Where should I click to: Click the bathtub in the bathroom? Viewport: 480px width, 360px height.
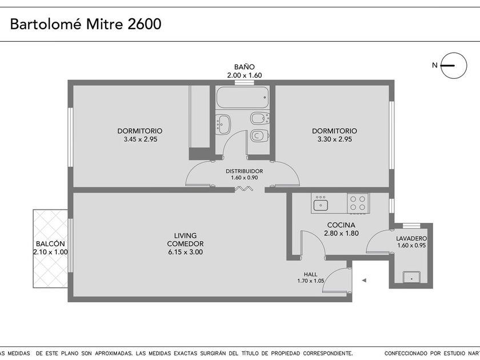pos(243,97)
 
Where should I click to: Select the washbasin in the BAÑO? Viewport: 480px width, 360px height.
pos(223,125)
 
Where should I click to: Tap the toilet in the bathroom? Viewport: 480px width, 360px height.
pos(259,135)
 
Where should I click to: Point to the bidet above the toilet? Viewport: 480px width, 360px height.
pos(260,118)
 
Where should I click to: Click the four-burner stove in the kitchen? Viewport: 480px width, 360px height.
pos(358,203)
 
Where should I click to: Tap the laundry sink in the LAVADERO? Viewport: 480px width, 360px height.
pos(411,277)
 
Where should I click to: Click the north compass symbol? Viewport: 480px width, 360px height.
pos(453,66)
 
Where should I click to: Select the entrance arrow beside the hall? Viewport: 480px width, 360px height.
pos(364,280)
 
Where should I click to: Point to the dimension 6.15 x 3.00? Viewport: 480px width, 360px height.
pos(185,252)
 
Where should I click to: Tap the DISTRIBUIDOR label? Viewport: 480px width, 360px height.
pos(245,171)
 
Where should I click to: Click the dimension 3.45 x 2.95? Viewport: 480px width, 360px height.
pos(140,139)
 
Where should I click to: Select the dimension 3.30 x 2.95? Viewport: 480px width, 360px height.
pos(335,139)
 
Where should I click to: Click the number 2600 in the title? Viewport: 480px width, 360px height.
pos(144,24)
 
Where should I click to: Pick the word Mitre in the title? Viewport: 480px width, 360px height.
pos(104,24)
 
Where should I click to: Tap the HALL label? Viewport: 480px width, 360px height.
pos(310,274)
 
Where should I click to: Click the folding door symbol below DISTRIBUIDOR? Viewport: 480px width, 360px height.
pos(243,189)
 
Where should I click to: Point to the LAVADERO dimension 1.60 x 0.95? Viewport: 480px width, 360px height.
pos(411,245)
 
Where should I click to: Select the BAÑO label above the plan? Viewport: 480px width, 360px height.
pos(245,67)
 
